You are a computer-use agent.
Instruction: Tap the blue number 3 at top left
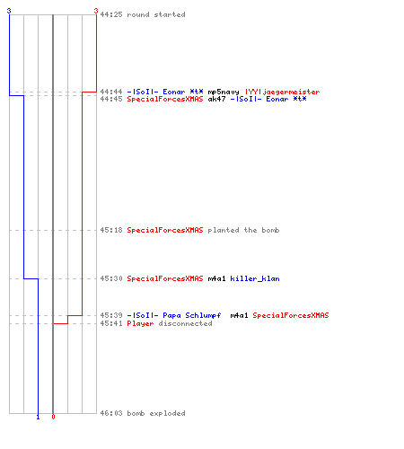(9, 11)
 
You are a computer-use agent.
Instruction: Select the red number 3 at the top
(96, 11)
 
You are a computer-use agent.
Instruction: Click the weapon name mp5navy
(224, 92)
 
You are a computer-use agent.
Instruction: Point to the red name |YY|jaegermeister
(283, 92)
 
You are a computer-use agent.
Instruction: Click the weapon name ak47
(216, 99)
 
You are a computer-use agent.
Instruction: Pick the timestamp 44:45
(111, 99)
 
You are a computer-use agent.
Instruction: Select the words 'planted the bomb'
(243, 230)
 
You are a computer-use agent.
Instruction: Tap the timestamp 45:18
(111, 230)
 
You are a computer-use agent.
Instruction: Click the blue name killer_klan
(255, 278)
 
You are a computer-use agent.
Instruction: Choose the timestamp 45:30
(111, 278)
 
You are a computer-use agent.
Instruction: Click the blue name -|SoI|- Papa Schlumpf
(174, 315)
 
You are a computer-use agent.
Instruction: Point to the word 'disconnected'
(185, 323)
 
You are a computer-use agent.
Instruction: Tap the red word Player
(140, 323)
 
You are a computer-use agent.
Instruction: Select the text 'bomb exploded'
(156, 413)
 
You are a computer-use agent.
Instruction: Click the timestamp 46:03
(111, 413)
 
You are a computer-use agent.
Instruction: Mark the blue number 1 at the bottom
(38, 417)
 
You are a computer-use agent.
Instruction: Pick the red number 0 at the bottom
(53, 417)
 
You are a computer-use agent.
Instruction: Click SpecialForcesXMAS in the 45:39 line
(291, 315)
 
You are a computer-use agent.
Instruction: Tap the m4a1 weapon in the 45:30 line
(216, 278)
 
